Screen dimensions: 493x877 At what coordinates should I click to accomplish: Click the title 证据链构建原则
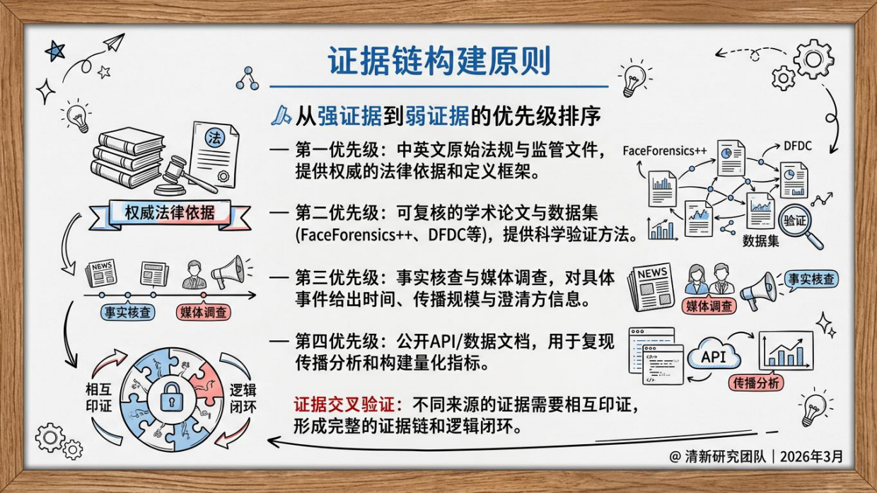[438, 62]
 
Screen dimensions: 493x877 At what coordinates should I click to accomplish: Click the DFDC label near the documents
[797, 146]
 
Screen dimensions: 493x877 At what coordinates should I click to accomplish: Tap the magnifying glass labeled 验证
[798, 224]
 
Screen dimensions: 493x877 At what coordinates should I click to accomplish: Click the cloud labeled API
[714, 356]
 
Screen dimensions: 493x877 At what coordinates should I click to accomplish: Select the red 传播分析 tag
[756, 383]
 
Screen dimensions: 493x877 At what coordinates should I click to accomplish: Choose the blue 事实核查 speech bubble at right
[811, 279]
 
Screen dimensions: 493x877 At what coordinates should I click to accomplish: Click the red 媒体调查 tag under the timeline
[204, 312]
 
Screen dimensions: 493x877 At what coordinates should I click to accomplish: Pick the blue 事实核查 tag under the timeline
[127, 312]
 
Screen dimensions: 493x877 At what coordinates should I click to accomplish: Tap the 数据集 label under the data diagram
[760, 240]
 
